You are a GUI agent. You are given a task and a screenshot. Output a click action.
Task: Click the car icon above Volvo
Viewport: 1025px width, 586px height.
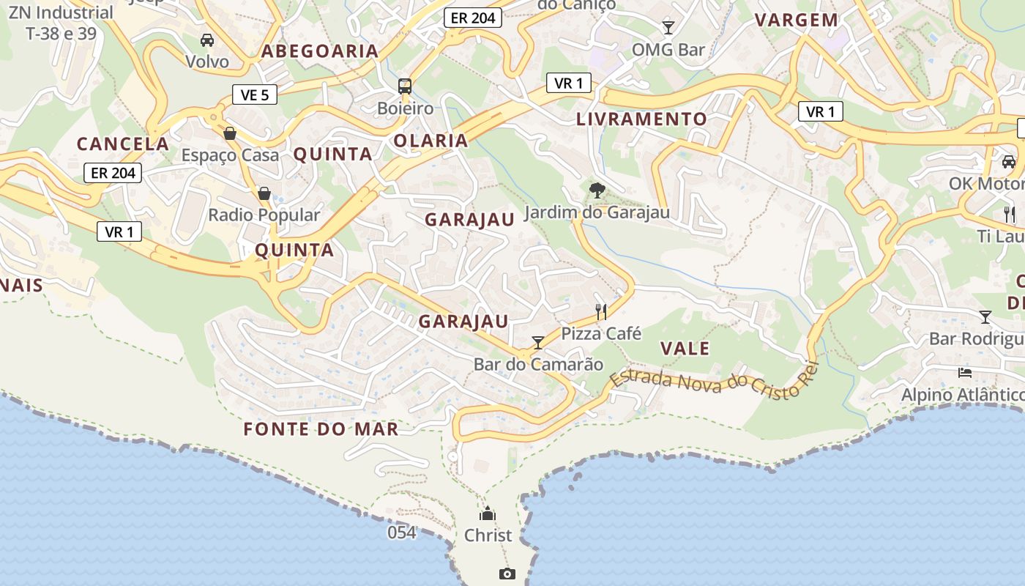pyautogui.click(x=207, y=40)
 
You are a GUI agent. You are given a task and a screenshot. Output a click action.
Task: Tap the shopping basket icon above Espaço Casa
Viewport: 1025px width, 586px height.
pyautogui.click(x=230, y=133)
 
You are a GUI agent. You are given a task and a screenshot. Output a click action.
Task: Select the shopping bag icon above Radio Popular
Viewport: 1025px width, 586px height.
pyautogui.click(x=264, y=193)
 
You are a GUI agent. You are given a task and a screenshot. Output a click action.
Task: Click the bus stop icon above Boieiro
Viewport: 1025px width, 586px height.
pyautogui.click(x=405, y=86)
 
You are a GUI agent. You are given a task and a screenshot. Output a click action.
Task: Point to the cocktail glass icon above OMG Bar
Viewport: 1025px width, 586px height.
pyautogui.click(x=668, y=28)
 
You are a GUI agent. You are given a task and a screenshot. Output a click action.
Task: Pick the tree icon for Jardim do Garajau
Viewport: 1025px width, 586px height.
pyautogui.click(x=597, y=190)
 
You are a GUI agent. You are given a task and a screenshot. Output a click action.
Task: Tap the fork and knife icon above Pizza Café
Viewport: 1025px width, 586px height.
pyautogui.click(x=601, y=312)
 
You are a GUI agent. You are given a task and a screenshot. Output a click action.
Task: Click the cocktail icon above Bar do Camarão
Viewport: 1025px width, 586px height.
pyautogui.click(x=538, y=342)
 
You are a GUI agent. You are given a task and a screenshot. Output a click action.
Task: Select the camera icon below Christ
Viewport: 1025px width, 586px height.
pyautogui.click(x=507, y=574)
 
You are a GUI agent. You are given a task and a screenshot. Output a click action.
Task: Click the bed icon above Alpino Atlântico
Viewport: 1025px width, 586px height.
pyautogui.click(x=965, y=372)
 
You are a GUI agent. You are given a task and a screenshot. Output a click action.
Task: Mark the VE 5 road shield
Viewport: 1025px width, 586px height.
pyautogui.click(x=255, y=94)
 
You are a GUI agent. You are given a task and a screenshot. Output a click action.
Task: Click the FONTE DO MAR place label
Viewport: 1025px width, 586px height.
pyautogui.click(x=321, y=429)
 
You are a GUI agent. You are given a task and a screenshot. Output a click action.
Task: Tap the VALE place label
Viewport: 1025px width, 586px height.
pyautogui.click(x=685, y=348)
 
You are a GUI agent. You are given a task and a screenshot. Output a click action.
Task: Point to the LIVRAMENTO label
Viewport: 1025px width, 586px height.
pyautogui.click(x=642, y=119)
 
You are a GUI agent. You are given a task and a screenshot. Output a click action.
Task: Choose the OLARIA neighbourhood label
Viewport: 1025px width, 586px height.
pyautogui.click(x=430, y=141)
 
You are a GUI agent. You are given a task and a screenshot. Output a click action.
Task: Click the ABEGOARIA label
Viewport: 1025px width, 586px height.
pyautogui.click(x=320, y=51)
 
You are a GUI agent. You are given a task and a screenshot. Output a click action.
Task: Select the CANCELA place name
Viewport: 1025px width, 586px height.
pyautogui.click(x=123, y=144)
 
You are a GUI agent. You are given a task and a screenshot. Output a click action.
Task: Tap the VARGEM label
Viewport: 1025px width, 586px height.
pyautogui.click(x=797, y=20)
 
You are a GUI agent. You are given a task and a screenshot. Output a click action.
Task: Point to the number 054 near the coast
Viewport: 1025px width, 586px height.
pyautogui.click(x=402, y=533)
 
